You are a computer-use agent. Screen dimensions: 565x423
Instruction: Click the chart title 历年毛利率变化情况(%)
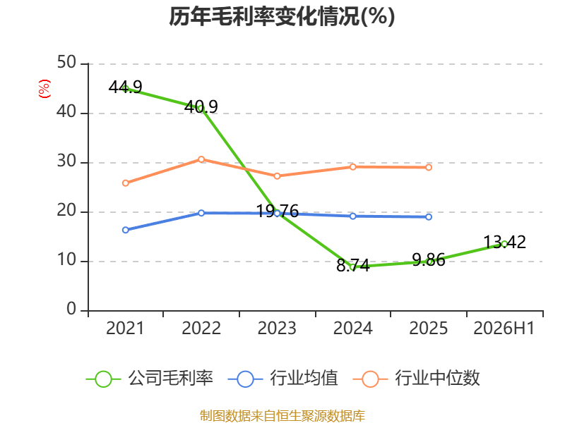(282, 16)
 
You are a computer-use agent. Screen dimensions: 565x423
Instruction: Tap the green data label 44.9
(126, 87)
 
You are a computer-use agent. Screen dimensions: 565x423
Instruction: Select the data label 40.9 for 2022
(201, 106)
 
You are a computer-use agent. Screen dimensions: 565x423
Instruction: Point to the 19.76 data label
(277, 211)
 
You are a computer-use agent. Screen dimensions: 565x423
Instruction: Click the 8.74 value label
(352, 266)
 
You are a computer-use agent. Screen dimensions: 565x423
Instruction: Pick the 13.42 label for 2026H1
(504, 242)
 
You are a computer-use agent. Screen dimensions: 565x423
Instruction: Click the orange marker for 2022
(201, 159)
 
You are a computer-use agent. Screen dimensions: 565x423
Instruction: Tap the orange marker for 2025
(429, 167)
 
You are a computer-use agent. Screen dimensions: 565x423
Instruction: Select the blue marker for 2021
(126, 230)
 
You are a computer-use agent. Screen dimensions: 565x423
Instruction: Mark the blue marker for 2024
(352, 216)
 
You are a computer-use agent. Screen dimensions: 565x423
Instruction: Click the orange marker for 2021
(126, 183)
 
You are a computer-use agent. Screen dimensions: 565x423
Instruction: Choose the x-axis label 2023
(277, 328)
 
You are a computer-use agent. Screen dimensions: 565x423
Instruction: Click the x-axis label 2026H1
(504, 328)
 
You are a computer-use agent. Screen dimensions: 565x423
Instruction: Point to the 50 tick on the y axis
(66, 62)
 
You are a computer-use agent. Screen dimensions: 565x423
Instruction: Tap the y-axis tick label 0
(71, 309)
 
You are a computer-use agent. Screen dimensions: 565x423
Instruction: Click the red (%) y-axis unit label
(44, 89)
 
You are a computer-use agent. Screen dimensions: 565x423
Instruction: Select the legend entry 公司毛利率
(150, 379)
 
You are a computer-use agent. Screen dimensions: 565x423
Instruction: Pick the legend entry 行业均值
(283, 379)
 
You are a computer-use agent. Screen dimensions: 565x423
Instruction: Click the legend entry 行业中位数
(417, 379)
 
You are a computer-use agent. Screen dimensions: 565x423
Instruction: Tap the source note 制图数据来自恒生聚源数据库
(282, 415)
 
